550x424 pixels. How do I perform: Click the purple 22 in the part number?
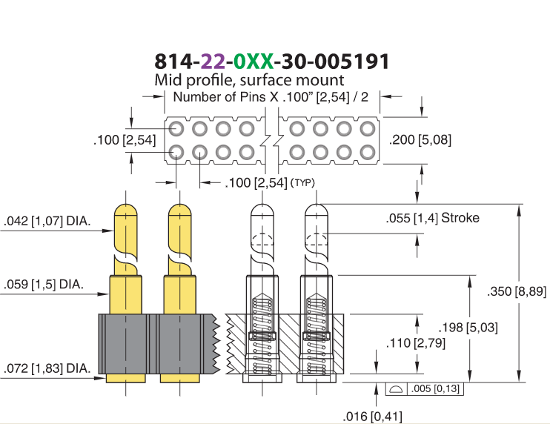click(213, 62)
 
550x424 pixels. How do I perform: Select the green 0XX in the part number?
click(254, 62)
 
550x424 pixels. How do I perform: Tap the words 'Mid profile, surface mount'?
click(249, 80)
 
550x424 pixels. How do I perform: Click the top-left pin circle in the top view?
click(176, 129)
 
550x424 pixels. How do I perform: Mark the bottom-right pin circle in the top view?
click(368, 153)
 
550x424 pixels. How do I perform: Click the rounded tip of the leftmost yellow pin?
click(125, 211)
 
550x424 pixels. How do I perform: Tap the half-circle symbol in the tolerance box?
click(396, 389)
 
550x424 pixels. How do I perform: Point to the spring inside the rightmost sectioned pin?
click(317, 335)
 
